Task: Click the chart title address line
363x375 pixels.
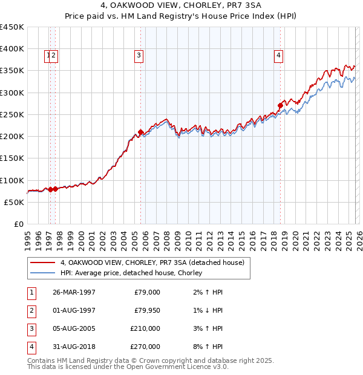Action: coord(181,6)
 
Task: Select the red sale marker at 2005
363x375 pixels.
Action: coord(140,132)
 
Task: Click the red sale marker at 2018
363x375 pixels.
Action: coord(280,105)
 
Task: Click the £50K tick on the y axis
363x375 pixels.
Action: coord(15,202)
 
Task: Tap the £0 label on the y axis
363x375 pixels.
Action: coord(19,224)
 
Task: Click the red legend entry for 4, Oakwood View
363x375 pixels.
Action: coord(152,263)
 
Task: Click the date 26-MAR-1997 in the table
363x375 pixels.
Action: coord(73,292)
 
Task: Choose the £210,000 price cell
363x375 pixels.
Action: coord(145,328)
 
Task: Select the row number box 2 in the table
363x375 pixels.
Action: coord(31,310)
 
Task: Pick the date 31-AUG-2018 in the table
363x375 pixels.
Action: coord(73,347)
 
